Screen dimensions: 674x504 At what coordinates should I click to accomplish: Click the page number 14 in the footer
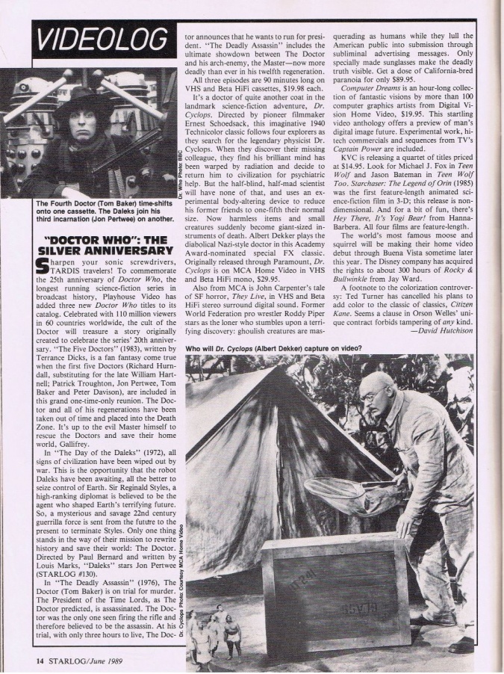tap(18, 660)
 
